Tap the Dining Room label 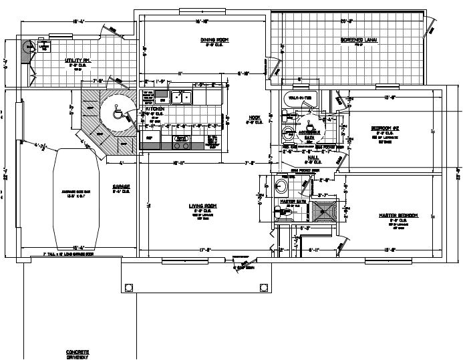(214, 40)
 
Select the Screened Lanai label (359, 40)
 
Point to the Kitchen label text (155, 108)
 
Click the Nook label (254, 118)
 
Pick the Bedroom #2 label (385, 128)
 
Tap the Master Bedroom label (398, 215)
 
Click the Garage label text (120, 186)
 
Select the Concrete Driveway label (78, 353)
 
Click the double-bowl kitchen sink (180, 98)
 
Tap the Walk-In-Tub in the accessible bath (299, 98)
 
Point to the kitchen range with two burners (180, 142)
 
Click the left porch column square (128, 287)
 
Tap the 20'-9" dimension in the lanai (347, 21)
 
